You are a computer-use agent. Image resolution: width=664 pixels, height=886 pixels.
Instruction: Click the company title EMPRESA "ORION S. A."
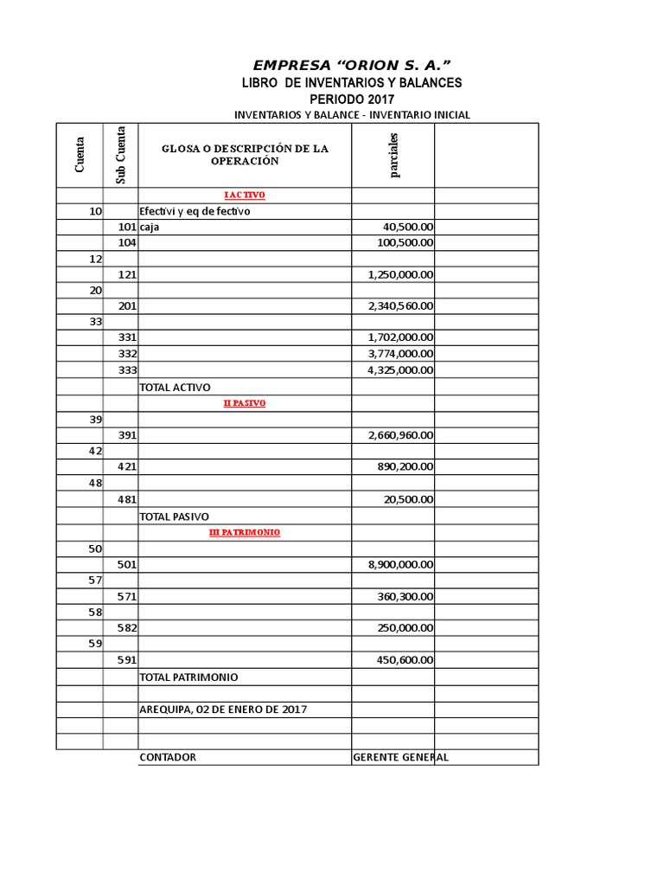click(352, 65)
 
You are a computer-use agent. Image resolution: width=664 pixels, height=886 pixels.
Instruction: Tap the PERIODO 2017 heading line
click(352, 99)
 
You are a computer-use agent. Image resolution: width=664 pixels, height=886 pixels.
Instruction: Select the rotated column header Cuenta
click(80, 155)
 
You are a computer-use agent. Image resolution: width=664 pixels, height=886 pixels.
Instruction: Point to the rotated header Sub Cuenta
click(120, 155)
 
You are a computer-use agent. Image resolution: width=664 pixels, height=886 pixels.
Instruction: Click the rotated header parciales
click(393, 155)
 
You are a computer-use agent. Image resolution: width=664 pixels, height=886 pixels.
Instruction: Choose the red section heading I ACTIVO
click(245, 196)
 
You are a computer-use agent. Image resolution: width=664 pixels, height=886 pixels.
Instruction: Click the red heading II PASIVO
click(245, 403)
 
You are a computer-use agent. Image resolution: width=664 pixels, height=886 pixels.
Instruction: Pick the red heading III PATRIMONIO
click(245, 533)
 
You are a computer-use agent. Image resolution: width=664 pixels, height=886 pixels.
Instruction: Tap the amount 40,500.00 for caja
click(408, 227)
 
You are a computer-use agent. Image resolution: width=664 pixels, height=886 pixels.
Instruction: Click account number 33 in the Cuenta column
click(95, 322)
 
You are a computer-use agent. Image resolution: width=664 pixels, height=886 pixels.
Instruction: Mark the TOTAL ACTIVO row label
click(175, 388)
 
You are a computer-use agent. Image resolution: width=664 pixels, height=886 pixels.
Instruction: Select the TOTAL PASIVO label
click(174, 517)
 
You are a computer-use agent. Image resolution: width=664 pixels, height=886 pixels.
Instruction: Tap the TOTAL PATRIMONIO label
click(188, 677)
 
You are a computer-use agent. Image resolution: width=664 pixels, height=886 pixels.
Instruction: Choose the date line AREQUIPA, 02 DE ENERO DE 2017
click(223, 709)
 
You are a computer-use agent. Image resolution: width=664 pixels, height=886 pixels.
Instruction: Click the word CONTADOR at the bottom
click(168, 757)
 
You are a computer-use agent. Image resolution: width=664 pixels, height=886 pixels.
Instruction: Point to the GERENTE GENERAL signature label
click(400, 757)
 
